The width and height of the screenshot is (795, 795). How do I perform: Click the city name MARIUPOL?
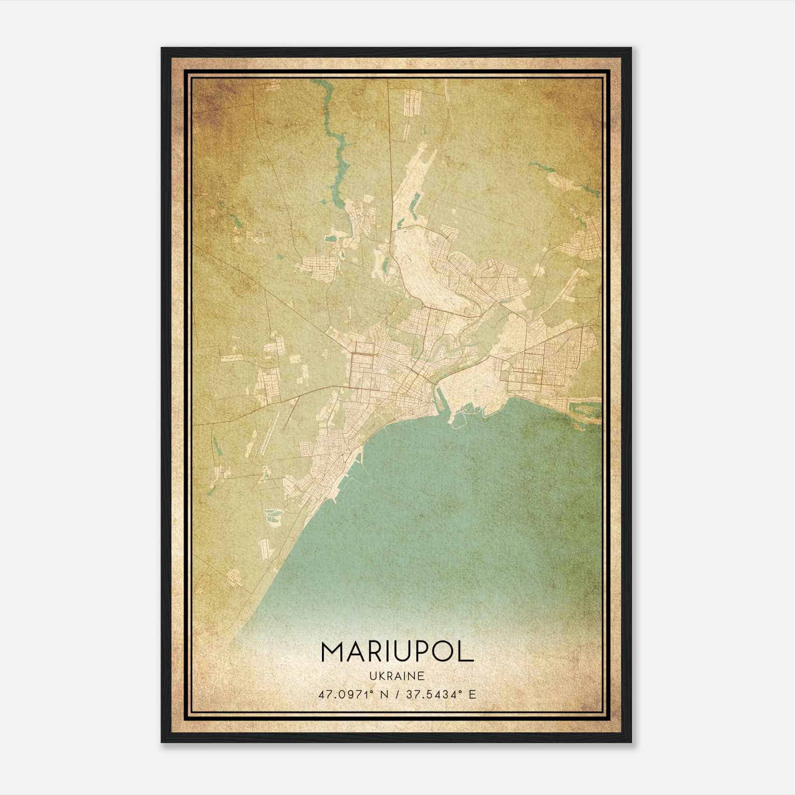coord(397,651)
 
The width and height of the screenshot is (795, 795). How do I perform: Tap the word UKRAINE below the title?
coord(397,676)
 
